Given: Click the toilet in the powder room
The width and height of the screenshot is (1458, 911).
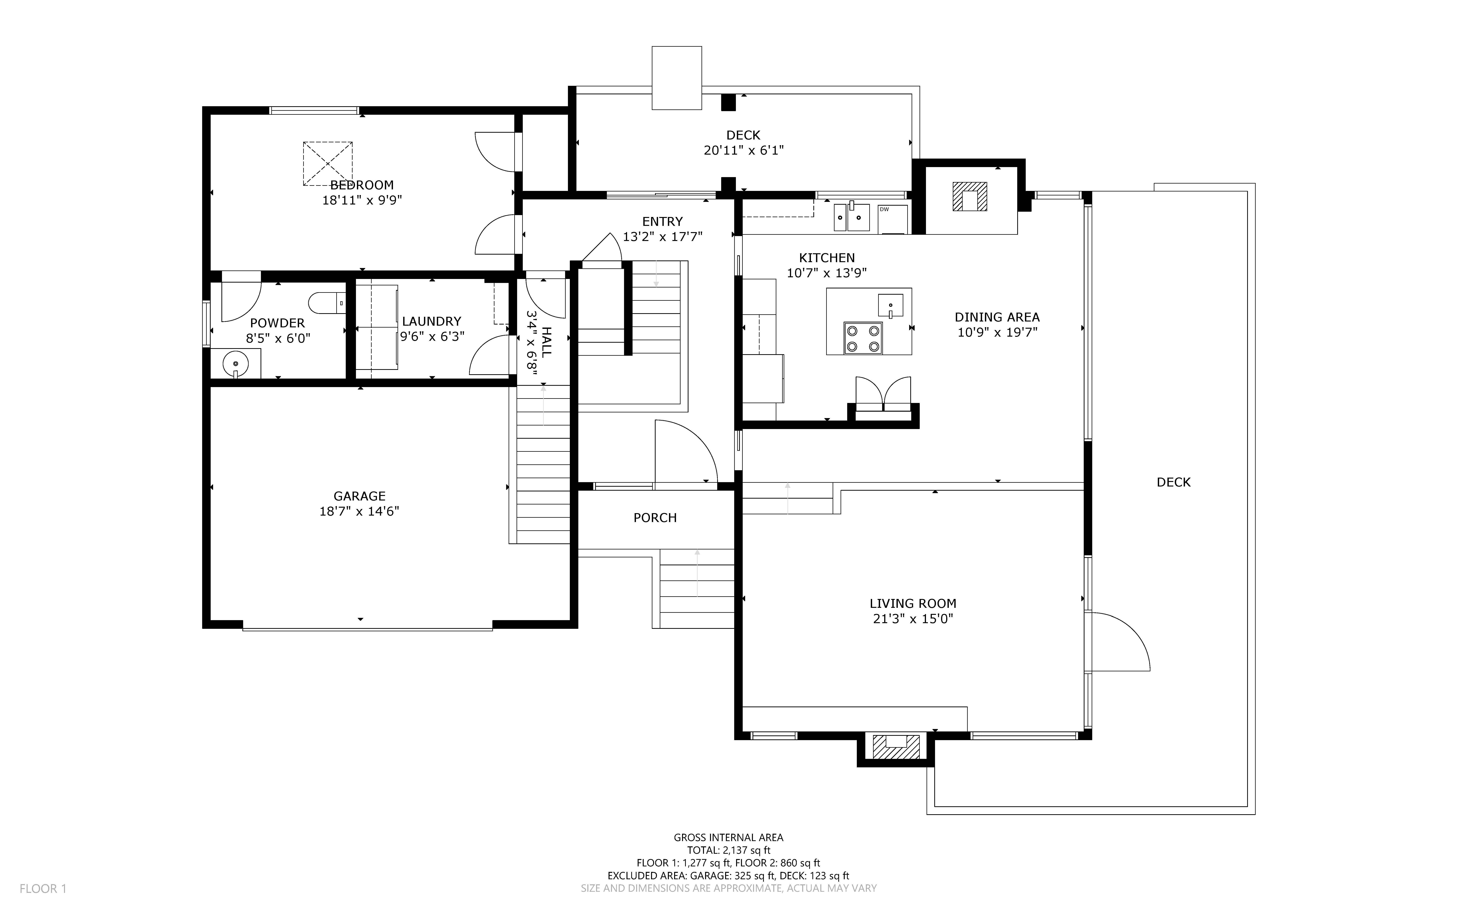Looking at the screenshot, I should coord(327,303).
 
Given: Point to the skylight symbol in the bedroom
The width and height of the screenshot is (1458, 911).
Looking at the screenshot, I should coord(328,163).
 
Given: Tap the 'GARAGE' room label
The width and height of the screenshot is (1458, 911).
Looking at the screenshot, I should coord(360,496).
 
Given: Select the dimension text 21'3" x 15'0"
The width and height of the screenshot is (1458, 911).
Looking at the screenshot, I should coord(913,619).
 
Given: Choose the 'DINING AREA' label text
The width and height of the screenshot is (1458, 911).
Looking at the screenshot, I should coord(997,317).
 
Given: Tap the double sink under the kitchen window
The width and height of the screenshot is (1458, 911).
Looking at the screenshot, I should coord(852,218).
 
